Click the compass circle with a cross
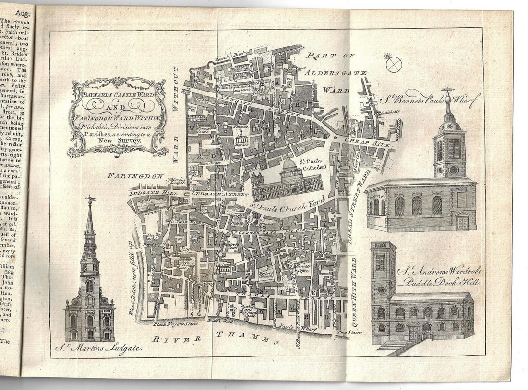394,64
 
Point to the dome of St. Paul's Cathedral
288,165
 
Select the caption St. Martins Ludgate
98,347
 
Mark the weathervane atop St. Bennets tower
448,91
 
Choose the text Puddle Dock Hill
441,283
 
